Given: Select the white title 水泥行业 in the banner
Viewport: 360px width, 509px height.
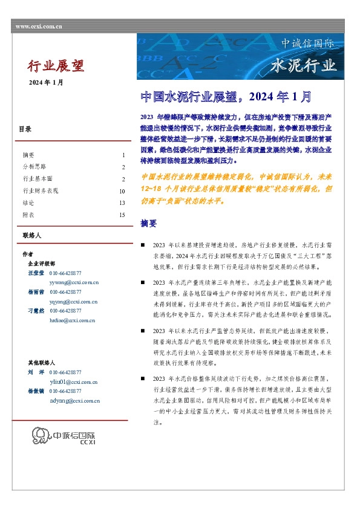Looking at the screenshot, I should coord(303,65).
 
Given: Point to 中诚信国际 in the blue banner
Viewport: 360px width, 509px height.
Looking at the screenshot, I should coord(307,44).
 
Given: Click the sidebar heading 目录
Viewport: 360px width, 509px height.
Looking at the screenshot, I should coord(25,129).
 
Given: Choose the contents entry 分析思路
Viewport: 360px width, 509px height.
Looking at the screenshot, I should coord(33,167).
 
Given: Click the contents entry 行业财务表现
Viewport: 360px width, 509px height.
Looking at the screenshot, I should coord(40,191).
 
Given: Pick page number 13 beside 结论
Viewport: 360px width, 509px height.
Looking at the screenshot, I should coord(122,203).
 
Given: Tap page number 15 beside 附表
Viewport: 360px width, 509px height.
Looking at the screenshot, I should coord(122,215).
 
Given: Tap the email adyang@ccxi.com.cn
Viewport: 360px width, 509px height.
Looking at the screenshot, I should coord(74,401).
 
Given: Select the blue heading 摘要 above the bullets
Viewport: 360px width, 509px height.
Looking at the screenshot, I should coord(148,224).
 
